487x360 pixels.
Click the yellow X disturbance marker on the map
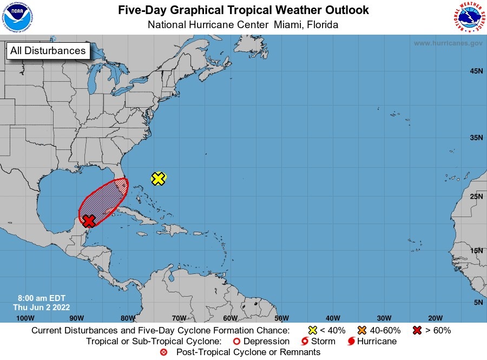tap(158, 178)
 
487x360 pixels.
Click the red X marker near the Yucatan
tap(89, 220)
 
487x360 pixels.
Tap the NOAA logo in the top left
tap(17, 18)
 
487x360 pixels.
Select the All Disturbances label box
tap(48, 51)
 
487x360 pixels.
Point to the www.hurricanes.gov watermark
tap(448, 43)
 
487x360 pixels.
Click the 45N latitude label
tap(476, 71)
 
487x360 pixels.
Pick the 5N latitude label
tap(478, 303)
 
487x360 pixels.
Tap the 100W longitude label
tap(22, 318)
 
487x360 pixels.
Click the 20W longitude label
tap(435, 318)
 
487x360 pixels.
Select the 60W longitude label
tap(230, 318)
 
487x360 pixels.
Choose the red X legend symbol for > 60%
tap(417, 330)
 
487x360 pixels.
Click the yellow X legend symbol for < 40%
tap(312, 330)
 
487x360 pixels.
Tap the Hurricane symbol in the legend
tap(352, 342)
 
